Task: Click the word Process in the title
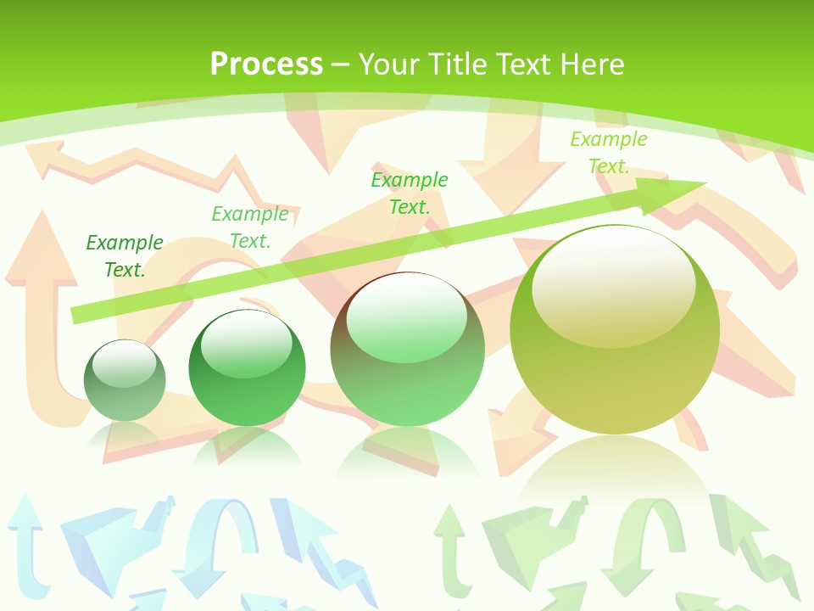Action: pos(266,64)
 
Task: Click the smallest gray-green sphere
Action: pos(125,381)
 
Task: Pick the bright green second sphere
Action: pos(247,368)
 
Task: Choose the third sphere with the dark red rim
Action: pos(407,350)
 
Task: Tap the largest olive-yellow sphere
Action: pos(615,331)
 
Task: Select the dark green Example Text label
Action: pos(125,256)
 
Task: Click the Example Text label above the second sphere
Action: pos(250,227)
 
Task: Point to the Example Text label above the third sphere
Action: pos(410,193)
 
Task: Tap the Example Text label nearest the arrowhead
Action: pos(609,153)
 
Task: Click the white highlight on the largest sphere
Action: pos(613,284)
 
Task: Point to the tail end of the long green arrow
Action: pos(78,315)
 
